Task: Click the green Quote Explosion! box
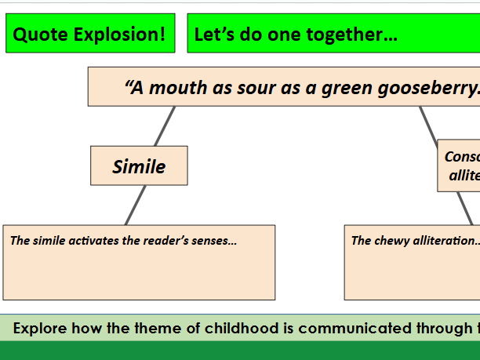(x=90, y=35)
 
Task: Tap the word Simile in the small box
(x=139, y=166)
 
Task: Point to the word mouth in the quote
(x=176, y=87)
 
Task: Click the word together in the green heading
(x=345, y=35)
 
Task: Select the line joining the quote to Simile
(x=165, y=125)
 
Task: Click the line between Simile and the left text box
(x=136, y=205)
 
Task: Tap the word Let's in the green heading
(x=212, y=35)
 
